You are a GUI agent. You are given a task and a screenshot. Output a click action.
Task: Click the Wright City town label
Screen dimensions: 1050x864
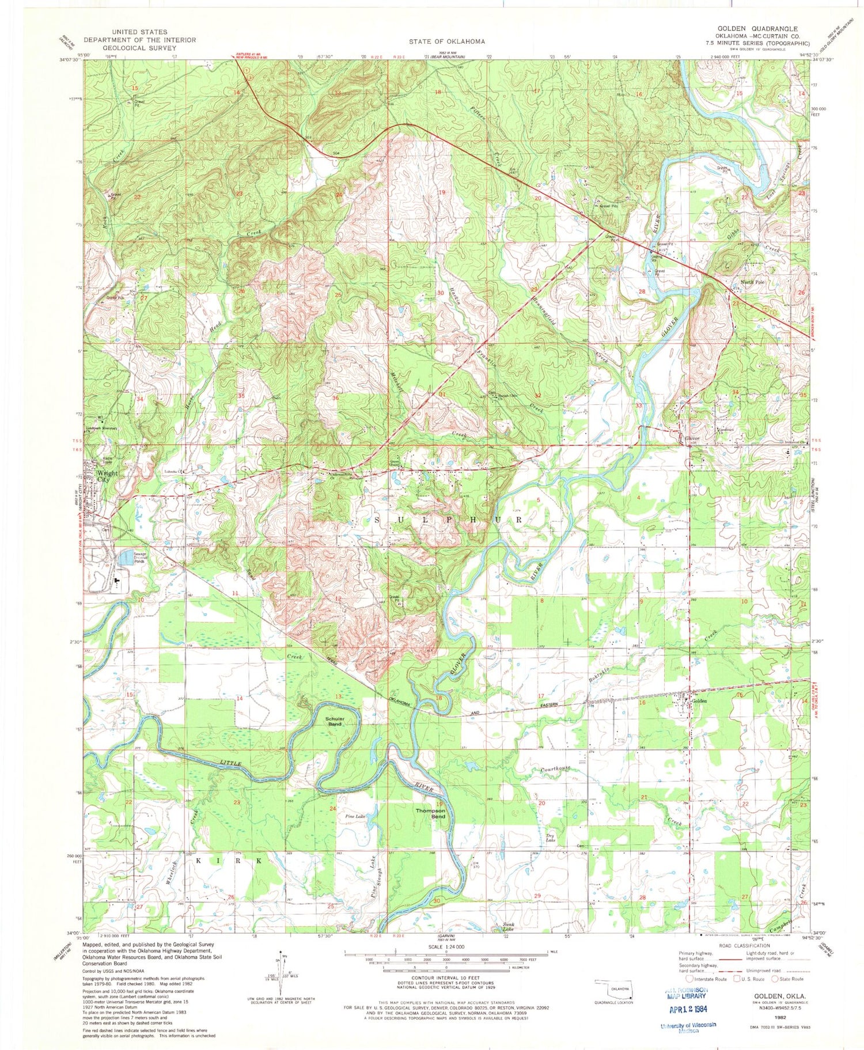coord(107,476)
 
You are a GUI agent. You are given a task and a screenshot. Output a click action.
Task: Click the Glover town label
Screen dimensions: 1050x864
coord(692,439)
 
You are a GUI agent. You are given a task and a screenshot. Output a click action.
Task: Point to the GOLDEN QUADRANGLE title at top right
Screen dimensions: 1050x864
coord(757,28)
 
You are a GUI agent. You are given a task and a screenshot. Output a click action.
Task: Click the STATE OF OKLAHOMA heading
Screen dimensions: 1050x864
coord(447,41)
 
